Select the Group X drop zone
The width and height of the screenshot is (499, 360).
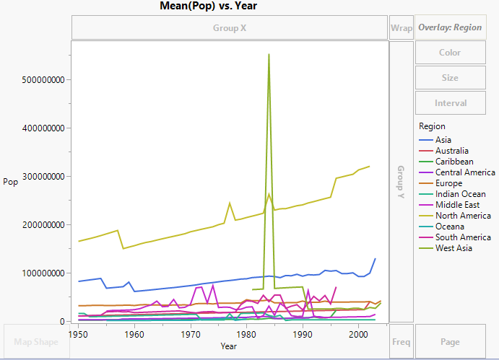pyautogui.click(x=230, y=28)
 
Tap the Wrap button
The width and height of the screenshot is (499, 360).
pyautogui.click(x=401, y=28)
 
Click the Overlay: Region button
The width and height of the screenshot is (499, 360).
pyautogui.click(x=449, y=27)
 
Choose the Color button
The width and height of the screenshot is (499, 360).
pyautogui.click(x=449, y=53)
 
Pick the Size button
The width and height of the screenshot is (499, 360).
pyautogui.click(x=449, y=78)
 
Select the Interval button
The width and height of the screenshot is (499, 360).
pyautogui.click(x=449, y=103)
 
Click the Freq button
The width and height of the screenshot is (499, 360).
pyautogui.click(x=401, y=341)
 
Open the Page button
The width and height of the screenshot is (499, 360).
pyautogui.click(x=449, y=341)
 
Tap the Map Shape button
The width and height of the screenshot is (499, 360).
pyautogui.click(x=35, y=341)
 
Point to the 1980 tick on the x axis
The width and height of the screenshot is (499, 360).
pyautogui.click(x=246, y=335)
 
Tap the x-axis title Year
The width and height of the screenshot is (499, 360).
pyautogui.click(x=229, y=347)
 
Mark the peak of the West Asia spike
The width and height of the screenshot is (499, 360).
pyautogui.click(x=269, y=54)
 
